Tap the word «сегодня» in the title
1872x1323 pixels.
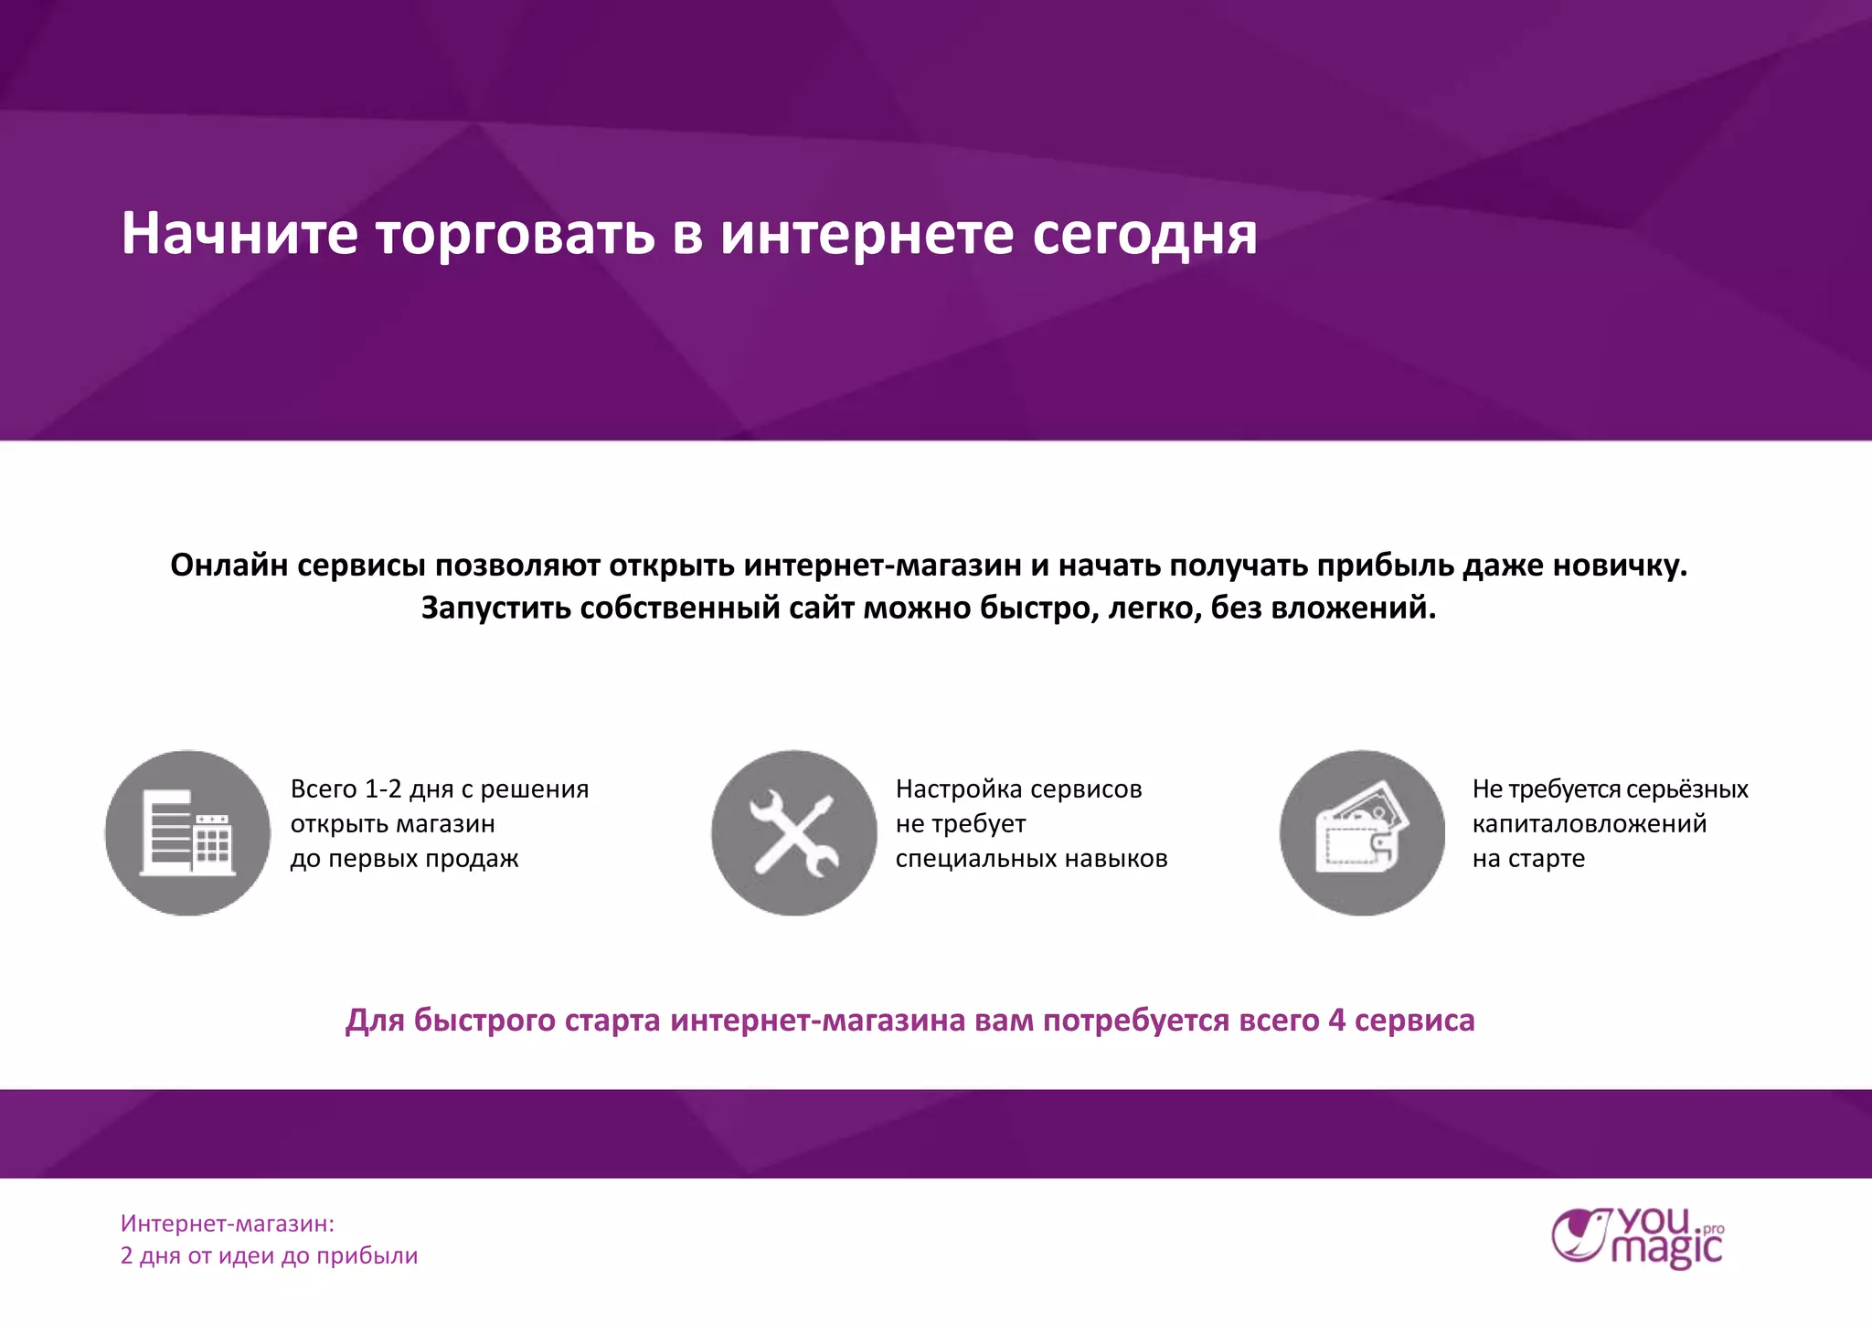1144,235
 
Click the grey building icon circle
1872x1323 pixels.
187,832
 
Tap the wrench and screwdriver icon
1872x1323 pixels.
793,832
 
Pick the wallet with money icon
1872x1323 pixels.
1362,832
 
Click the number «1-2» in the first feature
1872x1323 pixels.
383,789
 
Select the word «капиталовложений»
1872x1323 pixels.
1589,823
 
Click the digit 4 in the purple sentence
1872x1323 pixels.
1336,1020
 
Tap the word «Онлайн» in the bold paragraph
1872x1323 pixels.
229,566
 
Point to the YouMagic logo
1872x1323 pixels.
1637,1238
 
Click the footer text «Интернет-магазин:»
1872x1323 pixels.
228,1223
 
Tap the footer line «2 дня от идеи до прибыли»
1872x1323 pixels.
269,1255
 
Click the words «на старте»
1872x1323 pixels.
1528,858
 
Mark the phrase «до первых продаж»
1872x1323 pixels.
404,858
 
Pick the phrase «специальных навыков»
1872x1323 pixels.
1031,858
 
